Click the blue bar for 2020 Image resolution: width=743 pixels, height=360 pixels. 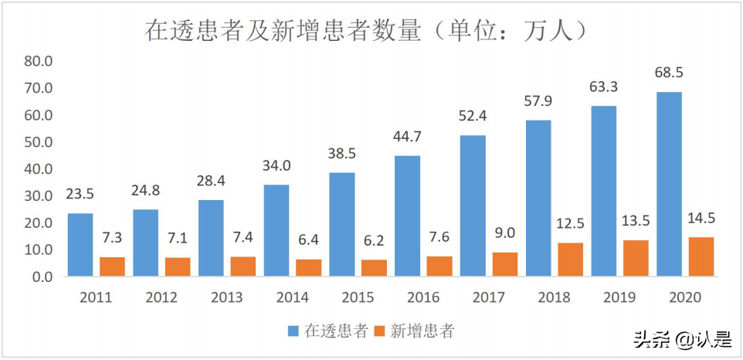pos(669,184)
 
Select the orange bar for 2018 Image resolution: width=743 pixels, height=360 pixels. pos(570,260)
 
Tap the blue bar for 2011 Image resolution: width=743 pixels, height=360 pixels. pos(80,245)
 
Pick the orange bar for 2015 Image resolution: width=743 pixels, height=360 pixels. pos(374,268)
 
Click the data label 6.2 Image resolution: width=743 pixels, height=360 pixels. pos(374,240)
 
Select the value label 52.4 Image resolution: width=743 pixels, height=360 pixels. pos(473,116)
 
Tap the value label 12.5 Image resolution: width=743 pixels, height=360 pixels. pos(570,223)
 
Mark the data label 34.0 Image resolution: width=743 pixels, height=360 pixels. pos(277,165)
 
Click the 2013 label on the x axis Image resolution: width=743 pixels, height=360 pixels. pos(227,297)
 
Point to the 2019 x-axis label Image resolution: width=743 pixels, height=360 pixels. pos(619,297)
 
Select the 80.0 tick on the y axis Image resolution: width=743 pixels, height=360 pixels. pos(38,62)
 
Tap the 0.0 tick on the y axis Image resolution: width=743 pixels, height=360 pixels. pos(41,277)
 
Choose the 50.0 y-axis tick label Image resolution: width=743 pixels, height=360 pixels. pos(38,142)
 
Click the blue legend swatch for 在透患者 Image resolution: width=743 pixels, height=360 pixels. pos(293,331)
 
